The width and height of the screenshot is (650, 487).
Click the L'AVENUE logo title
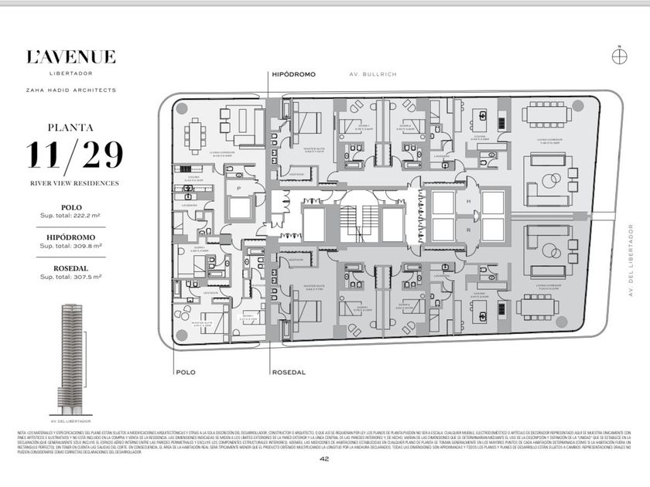(x=71, y=56)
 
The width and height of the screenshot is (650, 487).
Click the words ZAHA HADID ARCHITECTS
(x=71, y=90)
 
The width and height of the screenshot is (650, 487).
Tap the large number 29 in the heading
(x=97, y=155)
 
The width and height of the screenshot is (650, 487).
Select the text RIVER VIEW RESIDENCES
(x=71, y=183)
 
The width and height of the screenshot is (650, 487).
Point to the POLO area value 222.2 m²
(x=71, y=215)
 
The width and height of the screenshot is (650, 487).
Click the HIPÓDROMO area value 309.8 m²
(x=71, y=246)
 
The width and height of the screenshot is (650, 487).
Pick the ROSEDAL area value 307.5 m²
(x=71, y=276)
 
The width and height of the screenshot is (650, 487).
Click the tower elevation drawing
(x=71, y=356)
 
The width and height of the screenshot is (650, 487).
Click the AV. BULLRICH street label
(x=371, y=74)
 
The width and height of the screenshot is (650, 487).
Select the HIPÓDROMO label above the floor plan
(x=294, y=74)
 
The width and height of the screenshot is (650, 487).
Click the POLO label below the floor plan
(x=186, y=372)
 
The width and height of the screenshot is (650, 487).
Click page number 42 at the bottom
(x=325, y=459)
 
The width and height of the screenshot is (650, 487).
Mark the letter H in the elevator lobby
(x=468, y=201)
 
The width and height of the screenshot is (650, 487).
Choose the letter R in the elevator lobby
(x=468, y=230)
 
